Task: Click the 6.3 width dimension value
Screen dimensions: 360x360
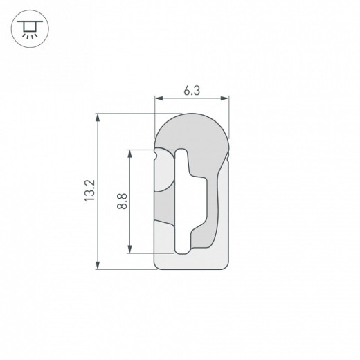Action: (191, 89)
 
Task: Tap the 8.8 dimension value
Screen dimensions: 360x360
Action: (122, 202)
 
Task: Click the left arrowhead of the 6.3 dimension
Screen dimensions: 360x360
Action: (156, 100)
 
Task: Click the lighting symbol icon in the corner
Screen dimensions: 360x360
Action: (27, 27)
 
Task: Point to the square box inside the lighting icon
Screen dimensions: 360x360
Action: (27, 25)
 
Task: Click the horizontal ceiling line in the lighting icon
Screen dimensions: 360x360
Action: (27, 21)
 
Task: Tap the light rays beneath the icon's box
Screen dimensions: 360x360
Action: (27, 33)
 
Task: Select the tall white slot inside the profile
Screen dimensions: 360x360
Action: (182, 201)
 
